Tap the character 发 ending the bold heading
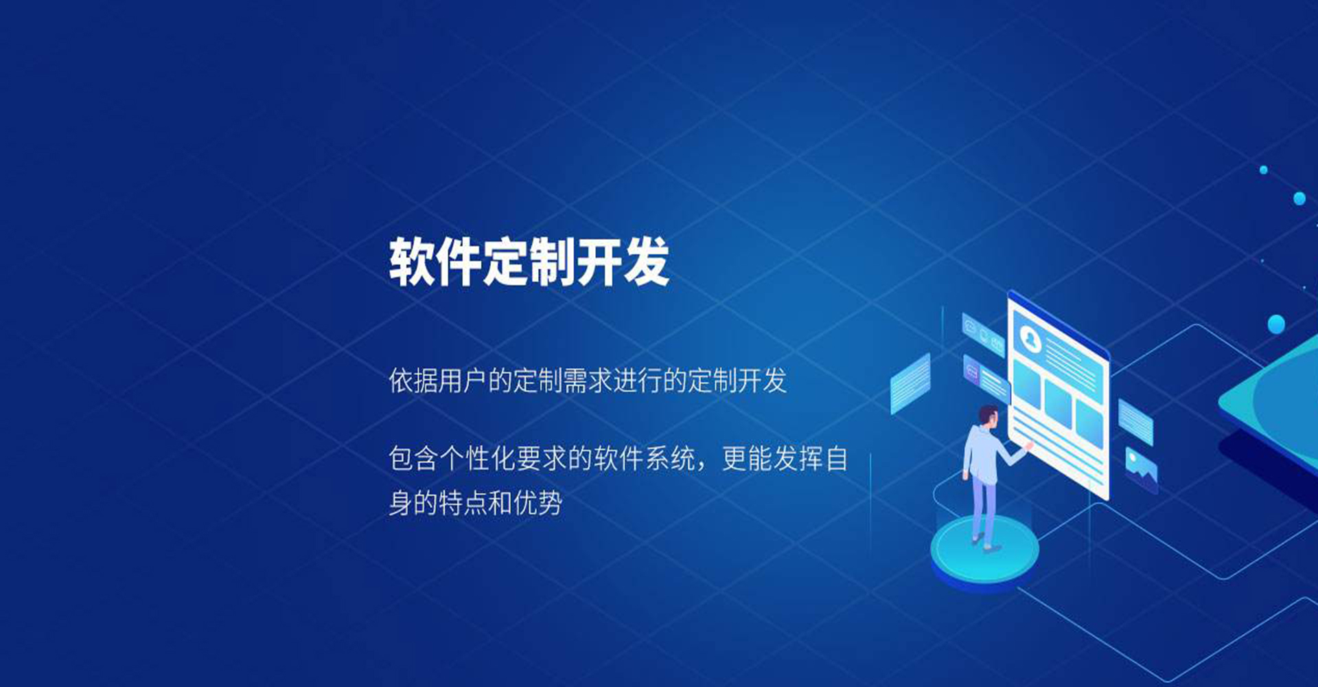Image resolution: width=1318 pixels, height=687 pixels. pyautogui.click(x=646, y=262)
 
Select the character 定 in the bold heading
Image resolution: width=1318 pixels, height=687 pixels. pyautogui.click(x=505, y=262)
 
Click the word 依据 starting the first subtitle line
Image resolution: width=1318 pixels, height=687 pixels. pyautogui.click(x=413, y=381)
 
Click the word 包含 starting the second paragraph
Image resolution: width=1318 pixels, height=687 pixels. pyautogui.click(x=413, y=459)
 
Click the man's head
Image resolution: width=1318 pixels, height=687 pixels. pyautogui.click(x=988, y=416)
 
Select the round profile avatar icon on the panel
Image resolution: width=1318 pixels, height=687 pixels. pyautogui.click(x=1030, y=338)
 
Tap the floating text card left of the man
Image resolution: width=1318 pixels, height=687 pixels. pyautogui.click(x=910, y=383)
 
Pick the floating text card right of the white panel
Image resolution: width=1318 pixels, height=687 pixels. pyautogui.click(x=1135, y=422)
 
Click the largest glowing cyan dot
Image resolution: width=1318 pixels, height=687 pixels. pyautogui.click(x=1276, y=324)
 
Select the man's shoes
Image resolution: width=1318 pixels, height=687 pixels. pyautogui.click(x=985, y=544)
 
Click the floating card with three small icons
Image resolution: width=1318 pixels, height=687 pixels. pyautogui.click(x=983, y=335)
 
